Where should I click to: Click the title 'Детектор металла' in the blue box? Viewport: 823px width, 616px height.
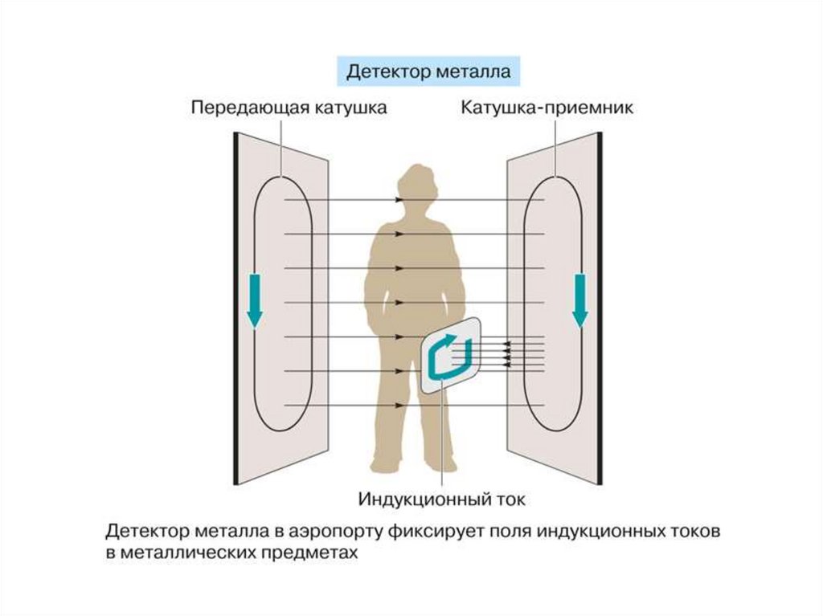pos(428,71)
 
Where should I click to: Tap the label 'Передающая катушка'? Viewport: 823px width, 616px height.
pos(289,108)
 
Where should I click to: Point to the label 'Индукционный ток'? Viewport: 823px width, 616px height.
pos(441,499)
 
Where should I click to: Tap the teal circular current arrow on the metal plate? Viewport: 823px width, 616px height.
pos(447,357)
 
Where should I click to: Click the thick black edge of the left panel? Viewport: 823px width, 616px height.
pos(236,309)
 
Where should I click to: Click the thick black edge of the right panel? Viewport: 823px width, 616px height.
pos(599,309)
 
